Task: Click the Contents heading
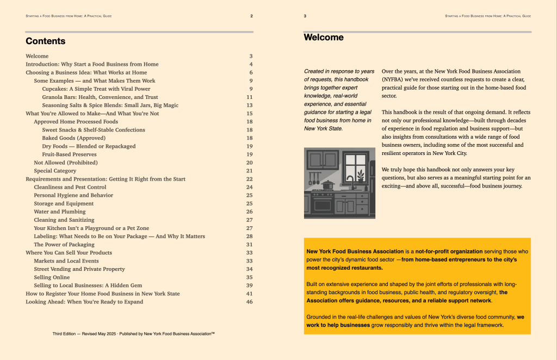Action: [46, 41]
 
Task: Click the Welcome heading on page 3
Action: [324, 38]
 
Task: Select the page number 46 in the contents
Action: [250, 302]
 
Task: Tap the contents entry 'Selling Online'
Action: [52, 277]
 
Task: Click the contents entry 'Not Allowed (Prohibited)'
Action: [66, 163]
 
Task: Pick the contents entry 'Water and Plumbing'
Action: [60, 212]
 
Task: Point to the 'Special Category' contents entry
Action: [55, 171]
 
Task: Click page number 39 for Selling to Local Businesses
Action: [250, 285]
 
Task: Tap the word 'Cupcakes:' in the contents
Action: [55, 89]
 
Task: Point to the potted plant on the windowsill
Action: [360, 177]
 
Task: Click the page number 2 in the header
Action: [251, 16]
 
